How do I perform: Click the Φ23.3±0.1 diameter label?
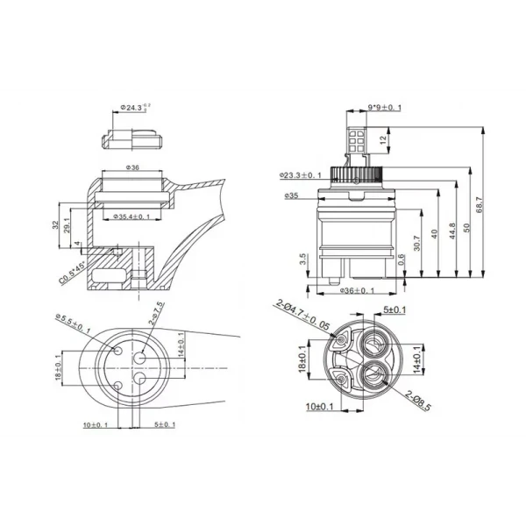click(x=302, y=175)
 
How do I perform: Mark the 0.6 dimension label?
click(x=401, y=258)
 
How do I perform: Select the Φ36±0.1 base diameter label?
click(x=356, y=291)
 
